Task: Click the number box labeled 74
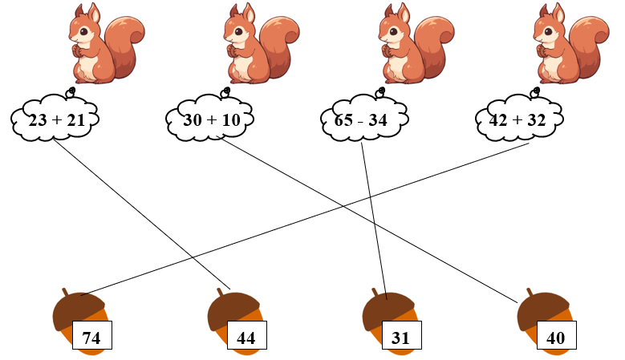[x=91, y=338]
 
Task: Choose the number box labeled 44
[x=246, y=338]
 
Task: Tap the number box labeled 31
[x=400, y=338]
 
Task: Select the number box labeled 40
[x=555, y=338]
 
